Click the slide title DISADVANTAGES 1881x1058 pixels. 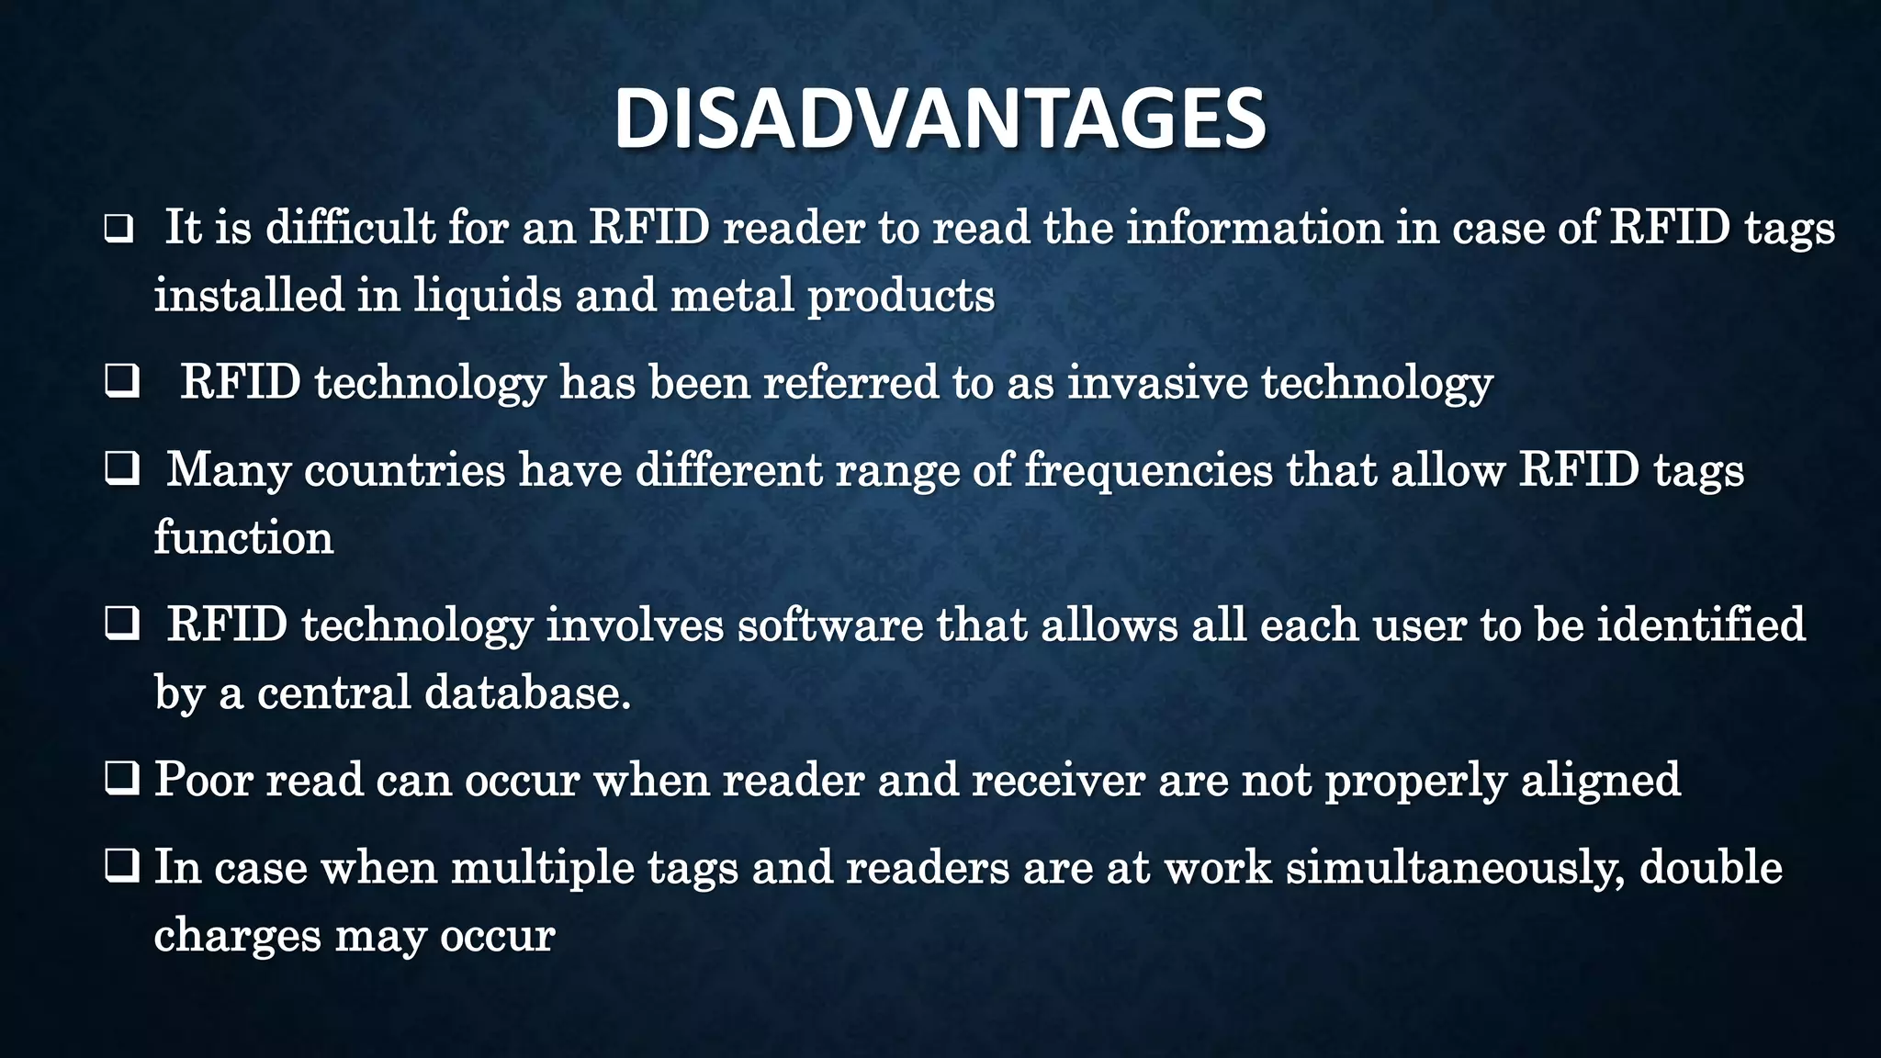(x=940, y=119)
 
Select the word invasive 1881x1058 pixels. (x=1156, y=382)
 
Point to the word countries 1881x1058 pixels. (x=404, y=470)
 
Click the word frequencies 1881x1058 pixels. (x=1148, y=470)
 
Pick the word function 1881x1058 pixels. (x=243, y=537)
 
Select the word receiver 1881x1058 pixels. (x=1057, y=780)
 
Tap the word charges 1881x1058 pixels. (x=237, y=936)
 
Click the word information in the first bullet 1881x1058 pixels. (x=1254, y=228)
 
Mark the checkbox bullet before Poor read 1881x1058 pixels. (x=121, y=780)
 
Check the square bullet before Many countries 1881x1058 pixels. (x=121, y=469)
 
